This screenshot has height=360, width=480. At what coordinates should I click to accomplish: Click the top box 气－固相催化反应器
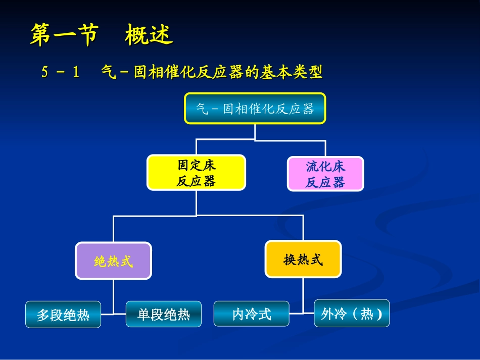coord(255,109)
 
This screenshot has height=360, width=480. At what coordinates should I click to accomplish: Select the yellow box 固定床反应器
coord(196,173)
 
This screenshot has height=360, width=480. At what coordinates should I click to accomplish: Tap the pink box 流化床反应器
coord(325,174)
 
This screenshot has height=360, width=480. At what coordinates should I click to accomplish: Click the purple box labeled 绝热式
coord(113,261)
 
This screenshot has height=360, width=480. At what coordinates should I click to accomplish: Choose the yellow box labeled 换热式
coord(303,260)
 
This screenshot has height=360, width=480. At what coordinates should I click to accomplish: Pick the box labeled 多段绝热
coord(63,315)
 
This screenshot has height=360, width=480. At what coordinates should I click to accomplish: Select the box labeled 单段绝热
coord(164,314)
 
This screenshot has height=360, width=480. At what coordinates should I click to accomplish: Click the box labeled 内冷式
coord(252,314)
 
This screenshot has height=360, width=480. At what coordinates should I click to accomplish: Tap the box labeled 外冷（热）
coord(352,314)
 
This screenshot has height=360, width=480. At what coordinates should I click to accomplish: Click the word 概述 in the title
coord(149,36)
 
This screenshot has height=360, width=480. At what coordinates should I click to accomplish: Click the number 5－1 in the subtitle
coord(61,73)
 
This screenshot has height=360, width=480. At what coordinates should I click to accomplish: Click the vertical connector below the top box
coord(255,132)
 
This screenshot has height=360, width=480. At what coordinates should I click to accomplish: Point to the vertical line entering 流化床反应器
coord(325,148)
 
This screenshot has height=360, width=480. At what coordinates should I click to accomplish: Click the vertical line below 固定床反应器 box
coord(196,203)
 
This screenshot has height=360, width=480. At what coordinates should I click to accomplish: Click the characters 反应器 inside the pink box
coord(325,182)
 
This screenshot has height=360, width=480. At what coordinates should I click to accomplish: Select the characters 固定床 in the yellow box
coord(196,165)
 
